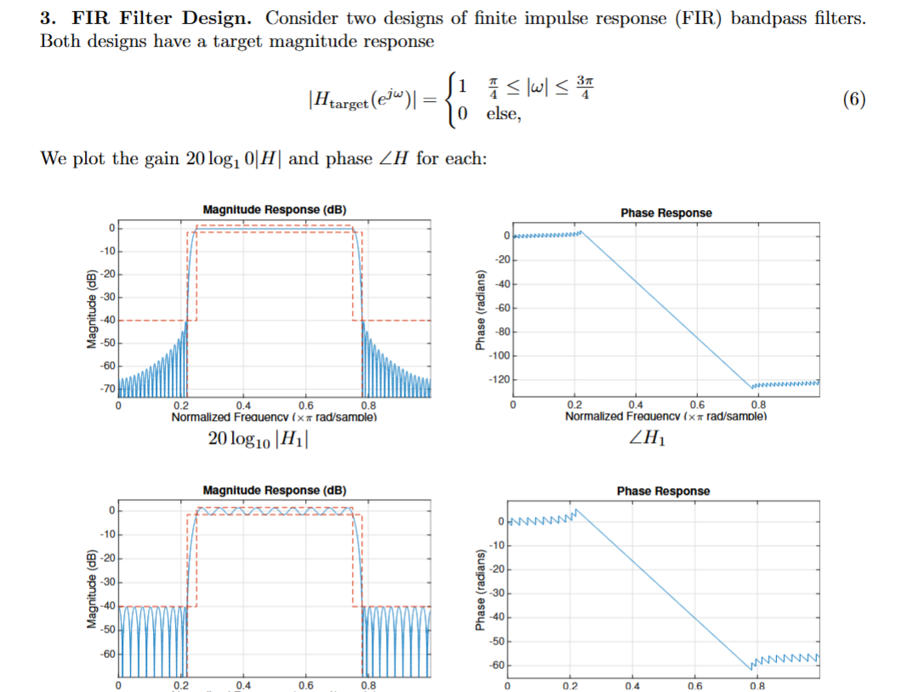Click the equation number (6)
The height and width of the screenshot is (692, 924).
pos(854,99)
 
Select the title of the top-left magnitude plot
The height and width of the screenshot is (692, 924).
pos(275,209)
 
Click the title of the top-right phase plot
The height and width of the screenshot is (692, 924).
pos(666,213)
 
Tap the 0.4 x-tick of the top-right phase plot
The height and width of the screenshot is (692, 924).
pos(635,406)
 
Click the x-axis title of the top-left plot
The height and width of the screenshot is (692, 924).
pos(273,417)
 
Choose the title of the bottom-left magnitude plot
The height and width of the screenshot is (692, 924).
pos(275,490)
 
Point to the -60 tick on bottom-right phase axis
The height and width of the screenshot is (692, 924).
pos(499,665)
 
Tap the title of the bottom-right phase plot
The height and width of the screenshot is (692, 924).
pos(663,491)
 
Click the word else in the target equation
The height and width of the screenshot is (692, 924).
pos(502,114)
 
